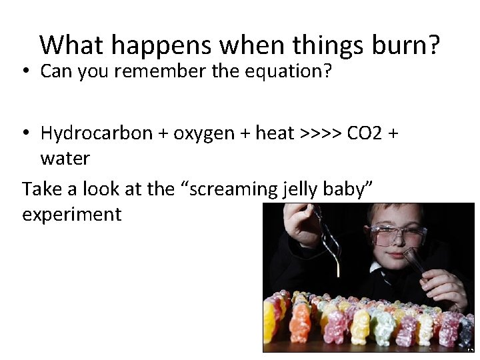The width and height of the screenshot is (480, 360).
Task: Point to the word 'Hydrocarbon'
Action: tap(97, 133)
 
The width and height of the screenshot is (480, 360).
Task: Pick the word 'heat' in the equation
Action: tap(275, 133)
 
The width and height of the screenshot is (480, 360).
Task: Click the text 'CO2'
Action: tap(365, 133)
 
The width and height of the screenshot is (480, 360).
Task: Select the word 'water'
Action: tap(65, 159)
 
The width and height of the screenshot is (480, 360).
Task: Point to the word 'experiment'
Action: tap(72, 215)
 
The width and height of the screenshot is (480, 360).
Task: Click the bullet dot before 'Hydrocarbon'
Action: tap(27, 133)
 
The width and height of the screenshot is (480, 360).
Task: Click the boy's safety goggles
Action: tap(398, 234)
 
